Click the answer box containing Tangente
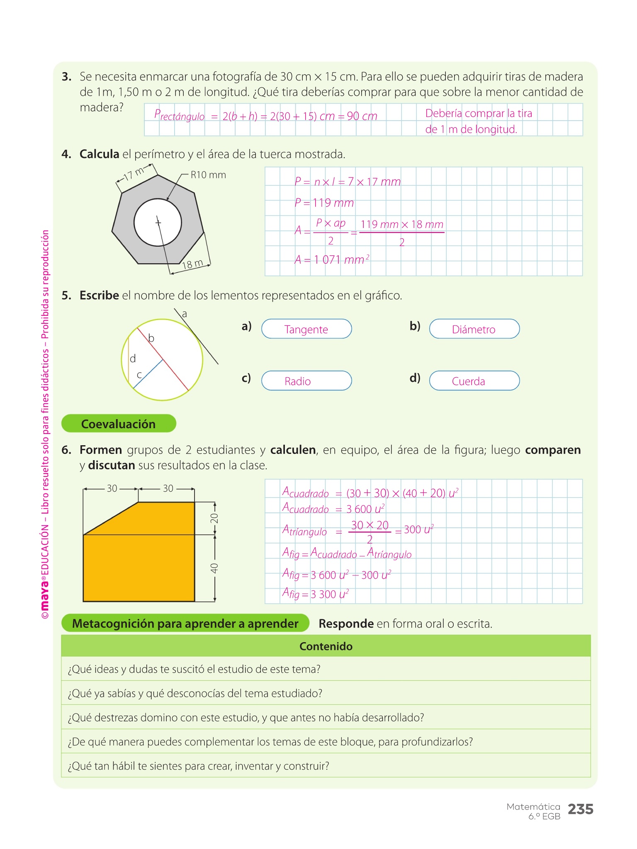click(x=306, y=329)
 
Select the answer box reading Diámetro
click(x=474, y=329)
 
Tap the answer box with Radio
click(x=306, y=381)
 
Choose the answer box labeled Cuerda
click(x=474, y=381)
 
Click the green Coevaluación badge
click(x=119, y=424)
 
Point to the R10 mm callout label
click(x=208, y=175)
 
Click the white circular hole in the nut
click(x=158, y=223)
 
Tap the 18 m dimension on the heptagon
click(x=192, y=264)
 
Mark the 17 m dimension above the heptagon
click(x=134, y=174)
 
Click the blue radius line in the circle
click(x=148, y=374)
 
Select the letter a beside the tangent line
click(x=185, y=314)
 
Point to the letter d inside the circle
click(x=133, y=359)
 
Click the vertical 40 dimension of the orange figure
click(x=214, y=568)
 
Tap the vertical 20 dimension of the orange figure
click(x=214, y=518)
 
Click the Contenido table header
click(x=326, y=646)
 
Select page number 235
click(x=580, y=809)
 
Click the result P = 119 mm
click(x=324, y=203)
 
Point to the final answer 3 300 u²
click(x=330, y=594)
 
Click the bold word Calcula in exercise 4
click(x=100, y=154)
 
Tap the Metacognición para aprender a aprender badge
click(x=185, y=623)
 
